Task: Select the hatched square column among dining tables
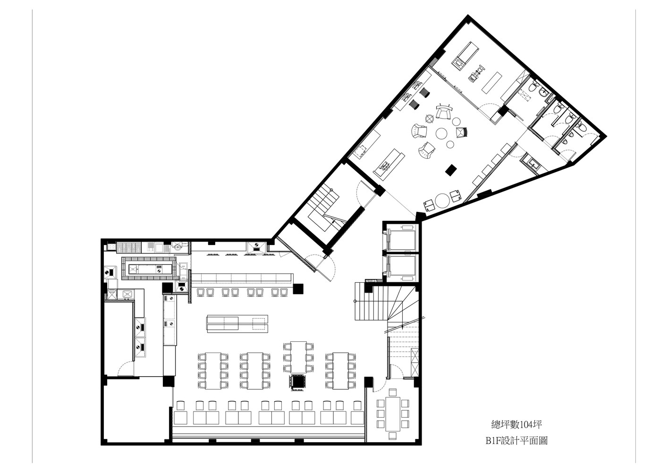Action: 297,381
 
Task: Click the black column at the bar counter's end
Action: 298,288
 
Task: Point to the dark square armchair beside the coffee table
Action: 461,132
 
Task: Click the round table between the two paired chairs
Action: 442,201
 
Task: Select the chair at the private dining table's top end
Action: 392,392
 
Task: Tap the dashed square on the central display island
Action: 259,324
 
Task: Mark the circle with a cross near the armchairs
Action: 429,118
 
